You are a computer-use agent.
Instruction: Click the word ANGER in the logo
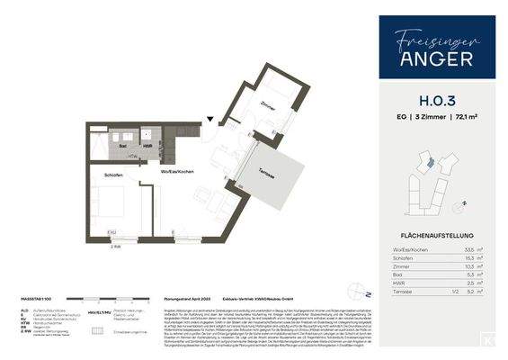pos(437,61)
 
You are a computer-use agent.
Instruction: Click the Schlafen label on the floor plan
pos(113,175)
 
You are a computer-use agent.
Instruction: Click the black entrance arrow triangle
pos(209,118)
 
